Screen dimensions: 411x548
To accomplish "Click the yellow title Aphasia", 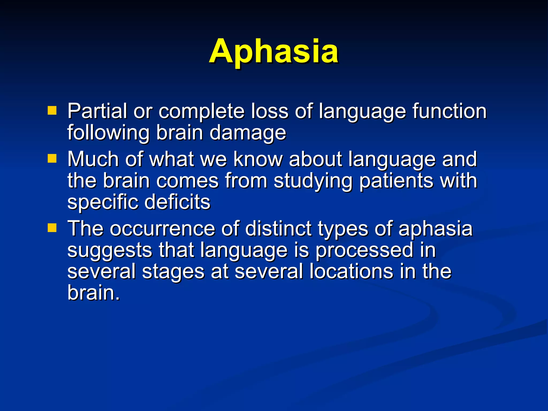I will tap(273, 51).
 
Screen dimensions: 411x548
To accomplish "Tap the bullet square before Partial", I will tap(52, 110).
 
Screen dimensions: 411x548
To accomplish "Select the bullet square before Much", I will tap(52, 158).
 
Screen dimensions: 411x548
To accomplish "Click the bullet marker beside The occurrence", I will tap(52, 228).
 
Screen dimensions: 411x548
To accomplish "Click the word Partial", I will tap(97, 111).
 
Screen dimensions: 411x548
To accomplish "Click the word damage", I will tap(248, 133).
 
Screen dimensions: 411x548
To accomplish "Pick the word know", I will tap(258, 159).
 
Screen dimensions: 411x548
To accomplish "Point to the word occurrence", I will tap(162, 229).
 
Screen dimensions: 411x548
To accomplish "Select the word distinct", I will tap(278, 229).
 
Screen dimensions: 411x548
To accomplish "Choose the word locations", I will tap(351, 271).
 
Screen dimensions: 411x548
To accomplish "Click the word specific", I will tap(102, 203).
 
